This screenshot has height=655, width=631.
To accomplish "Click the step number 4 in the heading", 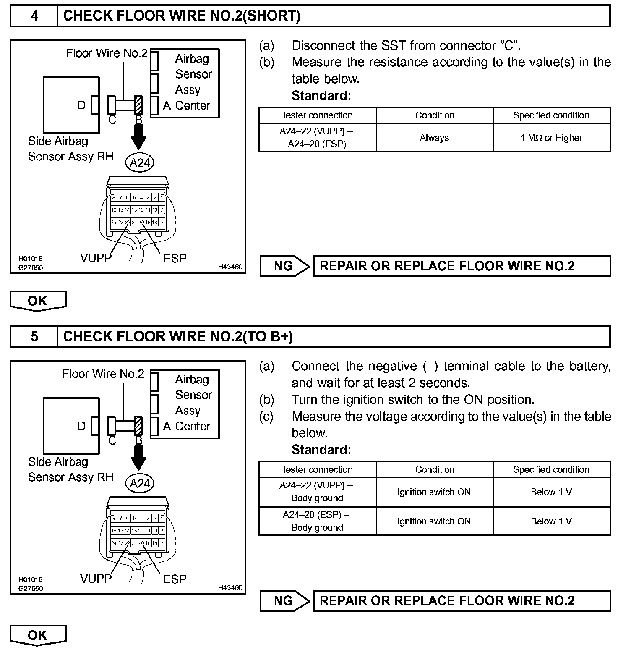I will pyautogui.click(x=34, y=16).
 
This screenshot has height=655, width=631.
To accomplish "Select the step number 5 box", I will pyautogui.click(x=34, y=336).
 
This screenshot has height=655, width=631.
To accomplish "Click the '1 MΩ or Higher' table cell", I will pyautogui.click(x=551, y=138).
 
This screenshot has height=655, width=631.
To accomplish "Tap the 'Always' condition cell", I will pyautogui.click(x=434, y=138).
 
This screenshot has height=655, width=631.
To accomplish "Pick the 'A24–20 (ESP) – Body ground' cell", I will pyautogui.click(x=317, y=521).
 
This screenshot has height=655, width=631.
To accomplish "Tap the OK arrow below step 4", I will pyautogui.click(x=38, y=301).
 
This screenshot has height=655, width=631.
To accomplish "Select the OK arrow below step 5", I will pyautogui.click(x=38, y=635).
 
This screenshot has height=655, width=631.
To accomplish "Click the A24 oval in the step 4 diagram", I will pyautogui.click(x=140, y=162).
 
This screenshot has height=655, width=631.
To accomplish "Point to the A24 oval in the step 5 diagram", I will pyautogui.click(x=140, y=483).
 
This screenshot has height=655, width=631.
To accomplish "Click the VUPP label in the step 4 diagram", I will pyautogui.click(x=96, y=258).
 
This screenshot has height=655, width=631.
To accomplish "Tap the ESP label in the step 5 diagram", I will pyautogui.click(x=175, y=579).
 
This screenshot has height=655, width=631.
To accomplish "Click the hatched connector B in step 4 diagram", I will pyautogui.click(x=138, y=105).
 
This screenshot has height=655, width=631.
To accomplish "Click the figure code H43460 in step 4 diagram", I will pyautogui.click(x=230, y=267).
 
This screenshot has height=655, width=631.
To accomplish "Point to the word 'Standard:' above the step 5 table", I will pyautogui.click(x=321, y=450).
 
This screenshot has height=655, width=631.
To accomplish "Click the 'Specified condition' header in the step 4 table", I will pyautogui.click(x=551, y=115).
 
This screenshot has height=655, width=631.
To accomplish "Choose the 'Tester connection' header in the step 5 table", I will pyautogui.click(x=317, y=469).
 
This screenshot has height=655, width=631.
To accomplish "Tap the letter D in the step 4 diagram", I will pyautogui.click(x=81, y=105).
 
